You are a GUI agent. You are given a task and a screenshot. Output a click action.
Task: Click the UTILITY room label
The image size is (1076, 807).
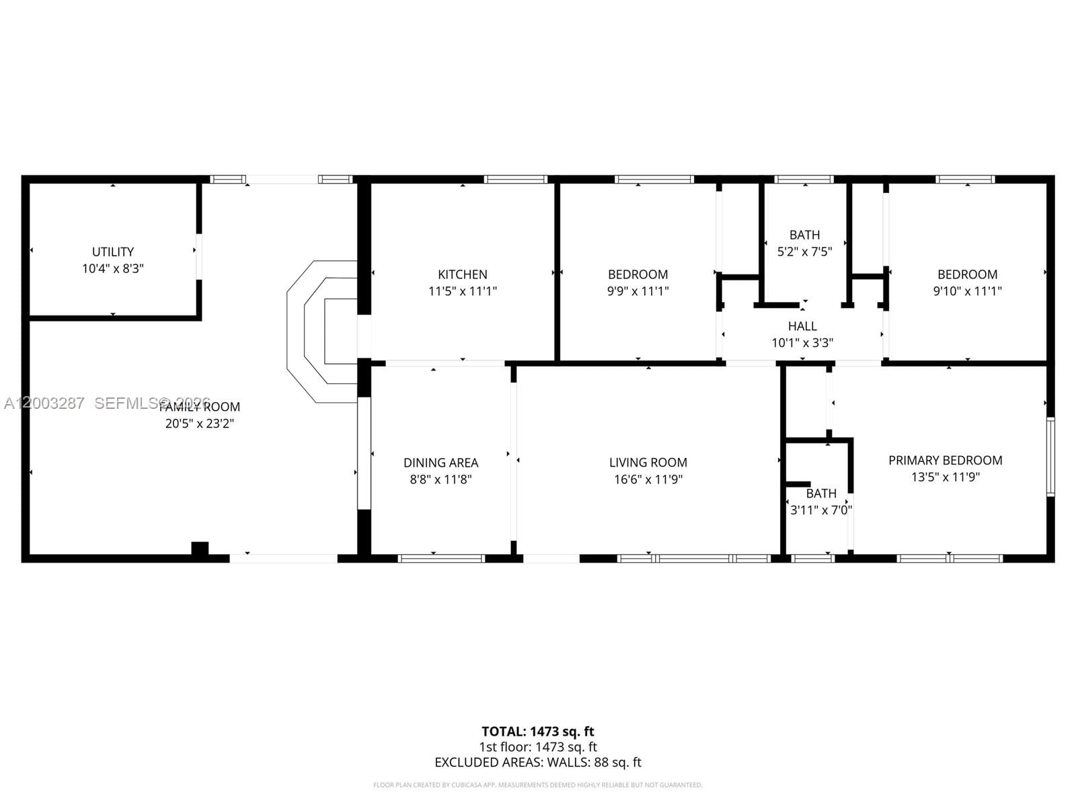tap(113, 252)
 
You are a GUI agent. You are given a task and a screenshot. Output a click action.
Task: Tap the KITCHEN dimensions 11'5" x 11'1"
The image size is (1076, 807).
tap(463, 291)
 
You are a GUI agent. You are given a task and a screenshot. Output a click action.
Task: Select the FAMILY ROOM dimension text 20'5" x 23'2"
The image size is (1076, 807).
tap(199, 424)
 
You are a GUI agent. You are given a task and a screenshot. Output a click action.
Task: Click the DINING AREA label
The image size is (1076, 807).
tap(440, 463)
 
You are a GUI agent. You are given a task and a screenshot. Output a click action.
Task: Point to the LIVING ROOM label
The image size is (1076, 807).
tap(648, 463)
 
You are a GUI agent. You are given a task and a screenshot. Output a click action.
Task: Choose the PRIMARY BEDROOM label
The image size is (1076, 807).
tap(945, 460)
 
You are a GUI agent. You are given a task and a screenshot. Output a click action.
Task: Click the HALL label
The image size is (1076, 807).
tap(802, 326)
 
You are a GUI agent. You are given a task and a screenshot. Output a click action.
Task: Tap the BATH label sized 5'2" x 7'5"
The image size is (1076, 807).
tap(804, 235)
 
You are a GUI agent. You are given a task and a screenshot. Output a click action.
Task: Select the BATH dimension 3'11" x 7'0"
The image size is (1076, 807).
tap(820, 510)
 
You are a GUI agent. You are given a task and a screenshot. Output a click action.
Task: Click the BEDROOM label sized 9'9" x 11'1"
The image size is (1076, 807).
tap(638, 274)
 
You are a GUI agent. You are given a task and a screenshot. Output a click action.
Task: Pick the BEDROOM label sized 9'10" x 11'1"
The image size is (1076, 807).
tap(967, 274)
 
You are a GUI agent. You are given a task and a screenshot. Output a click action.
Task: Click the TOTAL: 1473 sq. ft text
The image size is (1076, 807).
tap(537, 731)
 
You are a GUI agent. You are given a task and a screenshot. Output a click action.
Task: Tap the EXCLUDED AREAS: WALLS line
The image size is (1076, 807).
tap(537, 763)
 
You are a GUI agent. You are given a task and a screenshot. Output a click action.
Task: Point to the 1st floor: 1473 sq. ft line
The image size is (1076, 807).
tap(537, 747)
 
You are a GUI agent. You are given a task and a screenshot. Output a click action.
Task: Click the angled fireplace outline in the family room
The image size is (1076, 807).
tap(316, 333)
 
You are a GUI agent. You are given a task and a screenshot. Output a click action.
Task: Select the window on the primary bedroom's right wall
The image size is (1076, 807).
tap(1050, 457)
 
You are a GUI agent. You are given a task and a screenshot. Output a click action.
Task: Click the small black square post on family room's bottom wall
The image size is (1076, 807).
tap(200, 549)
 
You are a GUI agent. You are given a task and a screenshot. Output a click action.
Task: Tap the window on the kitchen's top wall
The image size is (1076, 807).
tap(516, 180)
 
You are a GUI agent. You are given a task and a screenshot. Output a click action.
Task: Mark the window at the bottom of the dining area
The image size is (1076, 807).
tap(441, 558)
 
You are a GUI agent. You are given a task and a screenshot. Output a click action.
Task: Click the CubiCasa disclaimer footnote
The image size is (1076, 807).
tap(537, 785)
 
